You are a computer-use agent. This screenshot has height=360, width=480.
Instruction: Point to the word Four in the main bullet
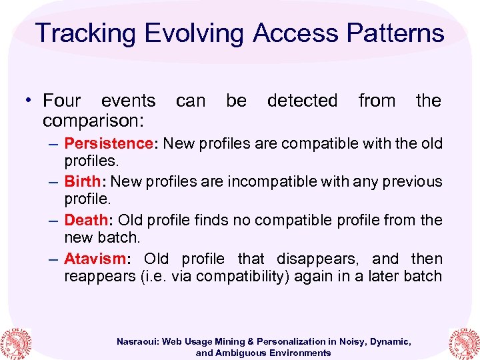(61, 101)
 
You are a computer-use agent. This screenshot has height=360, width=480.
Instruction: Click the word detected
(302, 101)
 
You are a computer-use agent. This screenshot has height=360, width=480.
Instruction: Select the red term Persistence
(109, 143)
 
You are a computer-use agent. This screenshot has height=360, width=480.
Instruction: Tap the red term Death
(86, 219)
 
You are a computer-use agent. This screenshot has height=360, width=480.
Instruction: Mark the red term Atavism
(94, 258)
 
